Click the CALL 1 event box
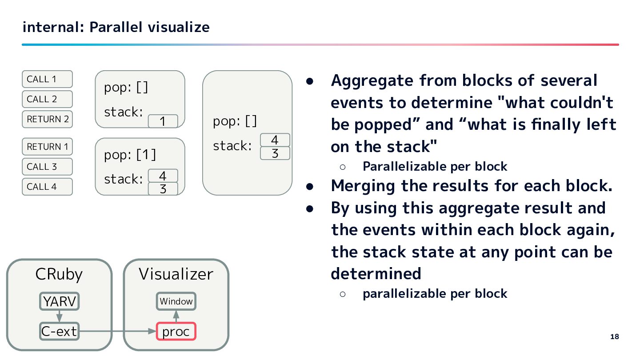coord(47,79)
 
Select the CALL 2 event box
coord(47,99)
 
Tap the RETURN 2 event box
coord(47,119)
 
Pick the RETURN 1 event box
coord(47,147)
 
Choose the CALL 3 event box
coord(47,167)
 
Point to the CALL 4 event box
coord(47,187)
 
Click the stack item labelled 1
coord(163,121)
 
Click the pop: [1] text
coord(130,155)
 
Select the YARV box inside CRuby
coord(59,301)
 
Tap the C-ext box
coord(59,331)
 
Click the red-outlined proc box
coord(176,332)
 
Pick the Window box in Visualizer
coord(176,301)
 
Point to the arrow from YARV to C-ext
coord(59,316)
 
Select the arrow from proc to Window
coord(176,316)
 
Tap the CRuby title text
coord(59,274)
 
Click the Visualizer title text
coord(176,274)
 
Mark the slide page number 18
coord(614,336)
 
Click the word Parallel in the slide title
coord(116,28)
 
